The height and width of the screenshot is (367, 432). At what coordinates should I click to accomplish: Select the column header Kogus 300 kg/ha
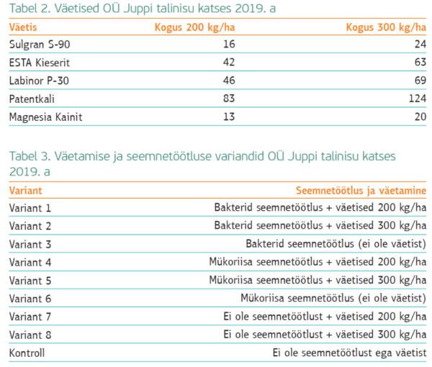tap(385, 28)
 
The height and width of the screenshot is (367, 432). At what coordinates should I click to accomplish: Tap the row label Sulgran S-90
tap(40, 45)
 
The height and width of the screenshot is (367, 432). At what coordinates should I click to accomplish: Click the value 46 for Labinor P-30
tap(229, 80)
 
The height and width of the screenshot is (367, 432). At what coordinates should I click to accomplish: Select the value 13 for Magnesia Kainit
tap(229, 116)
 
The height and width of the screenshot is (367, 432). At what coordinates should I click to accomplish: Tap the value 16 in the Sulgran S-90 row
tap(229, 45)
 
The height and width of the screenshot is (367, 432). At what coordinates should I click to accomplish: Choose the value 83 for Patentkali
tap(229, 98)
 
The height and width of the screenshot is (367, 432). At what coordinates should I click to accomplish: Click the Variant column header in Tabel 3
tap(26, 191)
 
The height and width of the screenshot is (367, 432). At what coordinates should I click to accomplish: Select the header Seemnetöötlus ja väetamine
tap(361, 191)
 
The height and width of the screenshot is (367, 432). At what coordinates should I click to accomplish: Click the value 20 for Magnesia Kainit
tap(418, 116)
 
